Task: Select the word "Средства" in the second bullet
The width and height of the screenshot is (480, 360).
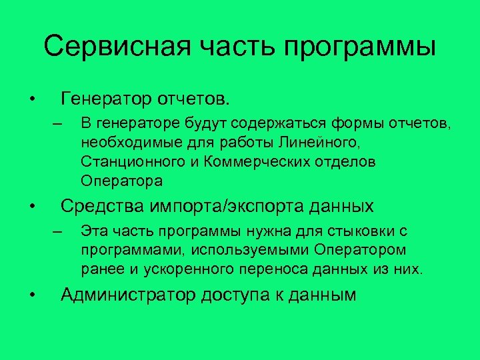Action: [x=99, y=206]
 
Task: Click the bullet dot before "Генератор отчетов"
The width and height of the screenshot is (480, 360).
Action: [x=31, y=100]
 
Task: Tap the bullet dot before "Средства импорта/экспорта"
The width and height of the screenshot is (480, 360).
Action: [x=31, y=207]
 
